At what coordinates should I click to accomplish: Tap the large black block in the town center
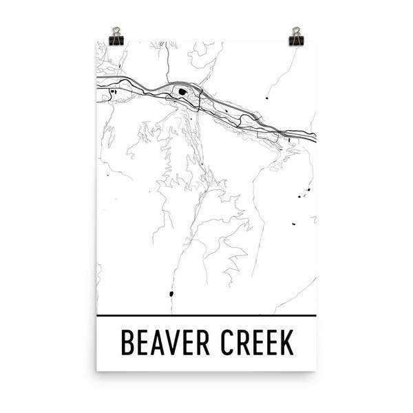coord(182,92)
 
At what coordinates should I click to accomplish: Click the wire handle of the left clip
coord(116,31)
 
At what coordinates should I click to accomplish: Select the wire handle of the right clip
coord(297,30)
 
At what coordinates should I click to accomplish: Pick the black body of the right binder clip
coord(297,41)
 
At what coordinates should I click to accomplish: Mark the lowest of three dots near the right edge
coord(294,224)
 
